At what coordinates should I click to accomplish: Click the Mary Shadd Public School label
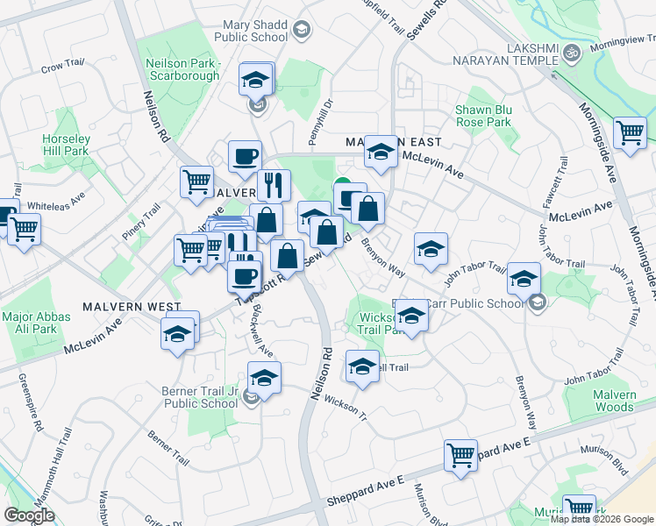255,31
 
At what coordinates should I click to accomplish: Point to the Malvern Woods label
614,401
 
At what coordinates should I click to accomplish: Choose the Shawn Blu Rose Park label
482,116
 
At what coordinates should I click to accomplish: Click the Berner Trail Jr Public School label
200,397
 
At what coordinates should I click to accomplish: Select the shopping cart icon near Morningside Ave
630,133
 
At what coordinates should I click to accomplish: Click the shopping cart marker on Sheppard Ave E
460,455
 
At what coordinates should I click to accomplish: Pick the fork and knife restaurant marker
274,185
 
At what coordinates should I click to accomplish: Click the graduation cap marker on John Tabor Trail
524,279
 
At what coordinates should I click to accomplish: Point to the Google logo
29,515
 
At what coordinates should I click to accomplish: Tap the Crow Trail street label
62,64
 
